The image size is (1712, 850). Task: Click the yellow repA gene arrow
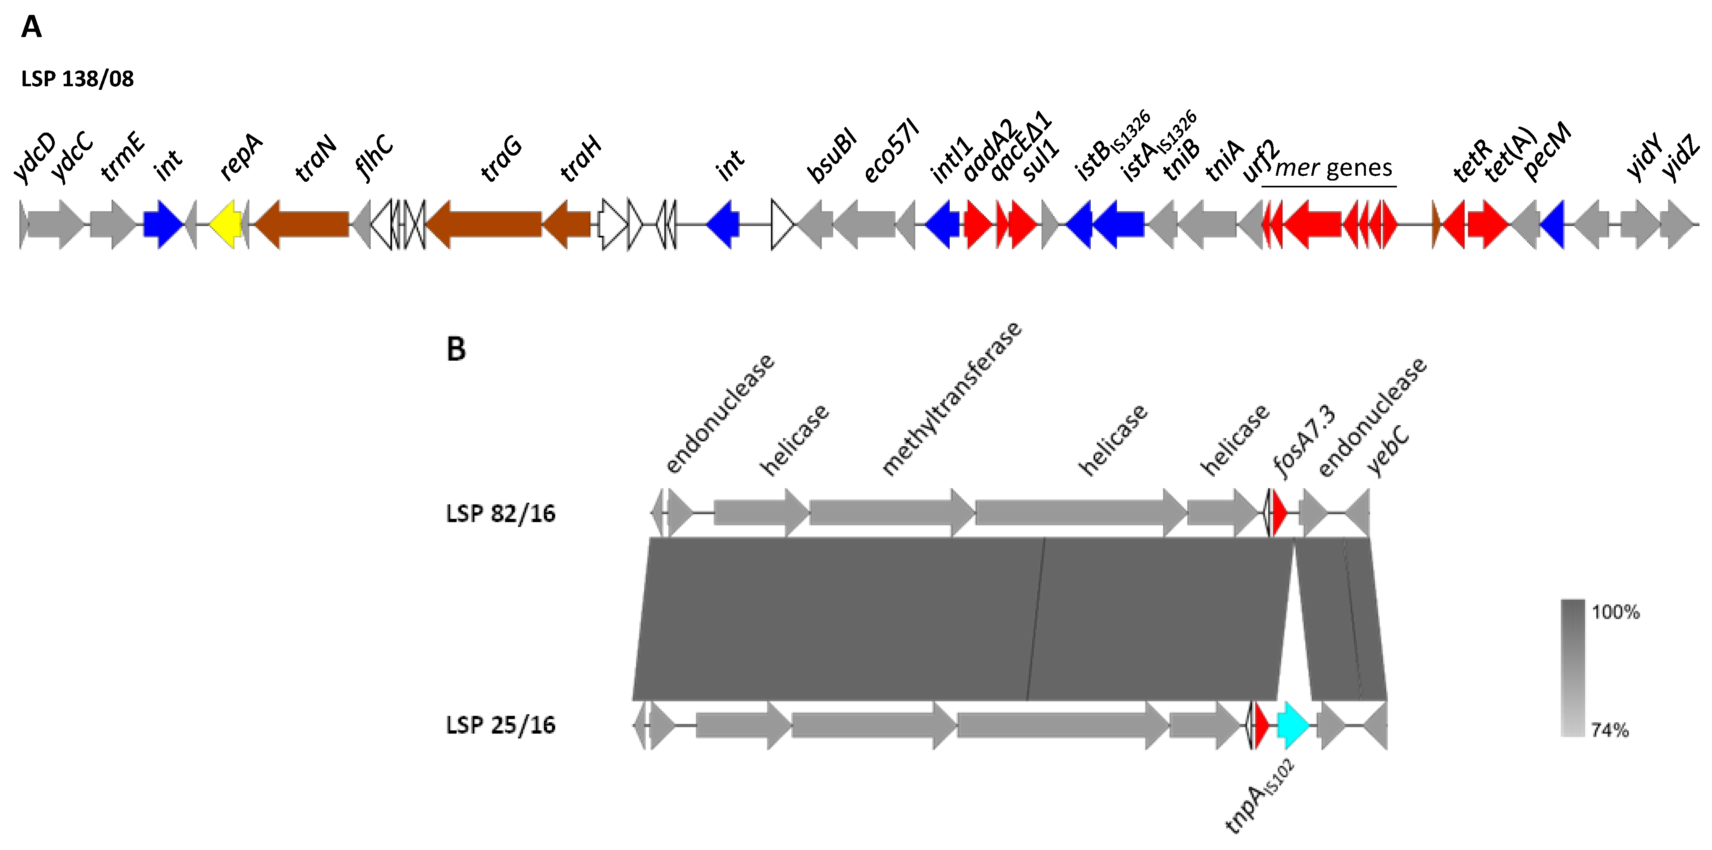pos(226,224)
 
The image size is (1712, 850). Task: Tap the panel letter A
pos(31,27)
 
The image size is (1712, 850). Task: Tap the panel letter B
pos(456,349)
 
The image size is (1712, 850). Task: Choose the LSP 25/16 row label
pos(500,725)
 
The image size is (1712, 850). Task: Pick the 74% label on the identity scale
pos(1610,730)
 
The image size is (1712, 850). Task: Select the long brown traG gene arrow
pos(484,224)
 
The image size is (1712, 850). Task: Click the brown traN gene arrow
pos(303,224)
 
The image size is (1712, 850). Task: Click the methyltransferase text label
pos(951,399)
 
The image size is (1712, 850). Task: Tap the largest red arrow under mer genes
pos(1313,224)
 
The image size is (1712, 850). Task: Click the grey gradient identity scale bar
pos(1573,668)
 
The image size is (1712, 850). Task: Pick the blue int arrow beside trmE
pos(163,224)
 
